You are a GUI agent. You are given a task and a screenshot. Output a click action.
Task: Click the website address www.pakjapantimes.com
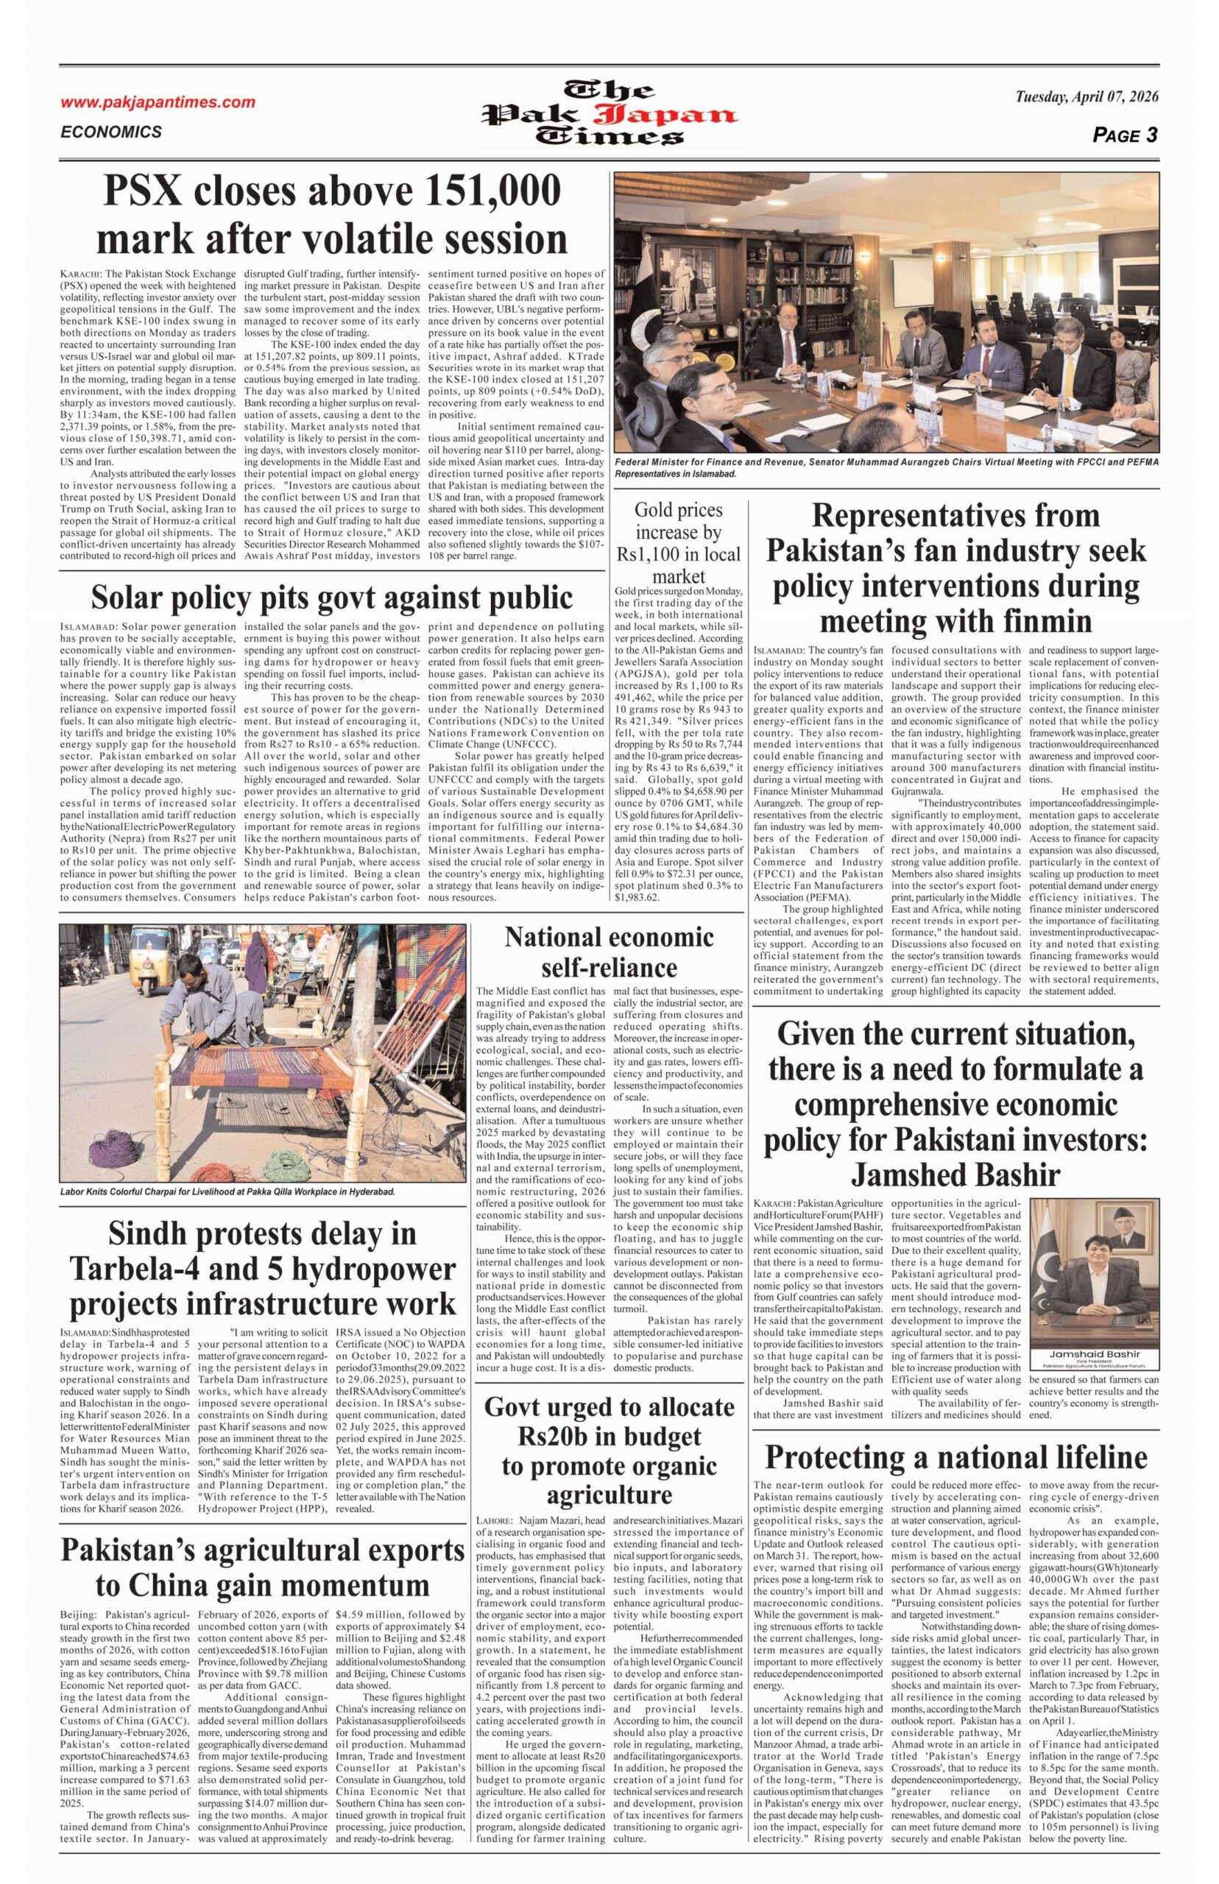(x=158, y=102)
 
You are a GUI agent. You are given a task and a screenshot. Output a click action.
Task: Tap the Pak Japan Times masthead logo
(x=609, y=113)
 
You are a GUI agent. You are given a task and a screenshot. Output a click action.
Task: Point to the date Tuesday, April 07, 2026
(x=1086, y=97)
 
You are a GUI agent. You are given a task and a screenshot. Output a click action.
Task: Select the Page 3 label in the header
(x=1125, y=135)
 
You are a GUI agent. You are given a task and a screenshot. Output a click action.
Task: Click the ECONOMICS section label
(x=111, y=132)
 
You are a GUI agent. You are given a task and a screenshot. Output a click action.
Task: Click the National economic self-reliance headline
(x=609, y=952)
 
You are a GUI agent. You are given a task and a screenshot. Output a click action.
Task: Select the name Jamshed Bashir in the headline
(x=955, y=1175)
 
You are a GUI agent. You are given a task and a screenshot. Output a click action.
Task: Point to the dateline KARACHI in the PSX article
(x=81, y=274)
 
